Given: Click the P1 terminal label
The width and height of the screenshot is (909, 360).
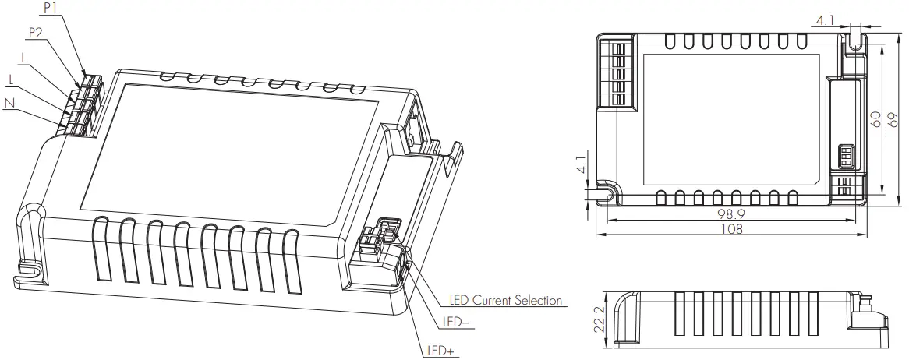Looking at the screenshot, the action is [51, 8].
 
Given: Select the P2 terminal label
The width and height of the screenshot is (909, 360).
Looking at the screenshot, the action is [37, 33].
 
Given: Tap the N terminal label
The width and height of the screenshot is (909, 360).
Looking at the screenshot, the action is [9, 103].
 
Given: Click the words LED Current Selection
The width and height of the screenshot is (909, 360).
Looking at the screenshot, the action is [506, 300].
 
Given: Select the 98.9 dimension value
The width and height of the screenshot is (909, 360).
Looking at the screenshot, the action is [731, 214].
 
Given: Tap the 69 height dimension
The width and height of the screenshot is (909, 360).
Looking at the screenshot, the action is [893, 119].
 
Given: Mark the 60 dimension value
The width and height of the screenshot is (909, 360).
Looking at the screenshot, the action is [876, 119].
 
